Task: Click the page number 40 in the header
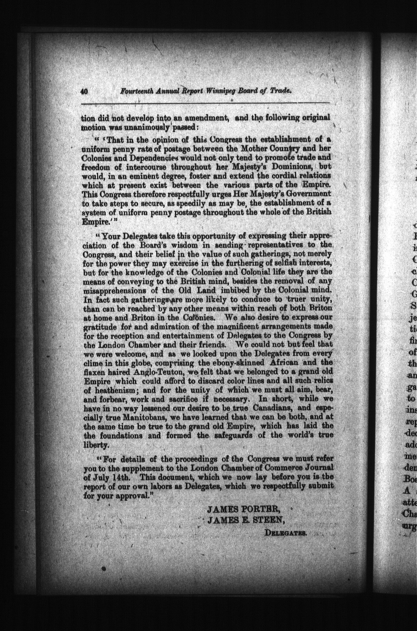[x=84, y=92]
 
